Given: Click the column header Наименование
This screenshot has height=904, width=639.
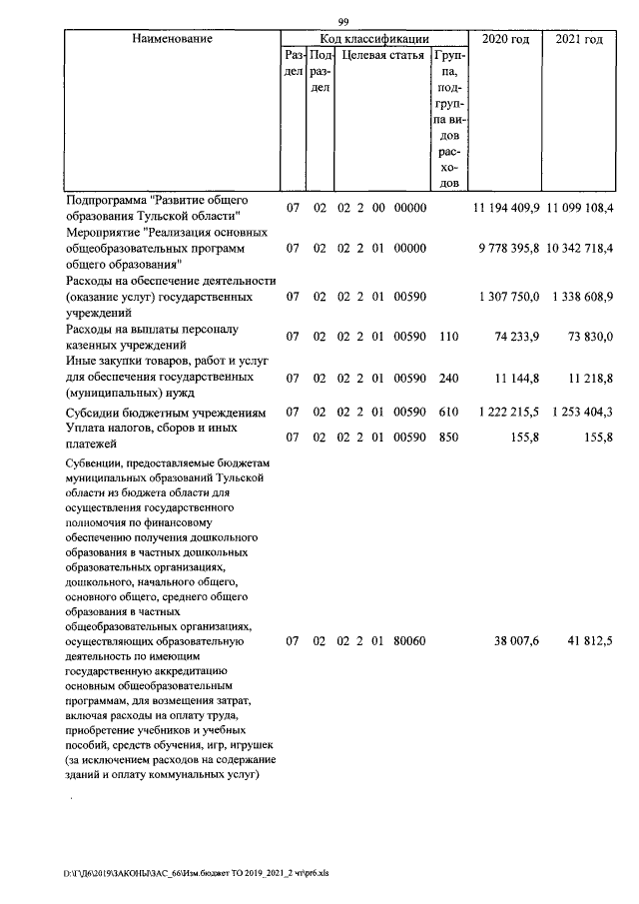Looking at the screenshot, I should [172, 39].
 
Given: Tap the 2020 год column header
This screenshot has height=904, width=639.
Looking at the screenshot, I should [505, 39].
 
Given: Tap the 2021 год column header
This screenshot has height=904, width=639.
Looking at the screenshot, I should [579, 39].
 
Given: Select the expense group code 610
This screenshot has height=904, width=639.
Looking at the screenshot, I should [448, 412].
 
